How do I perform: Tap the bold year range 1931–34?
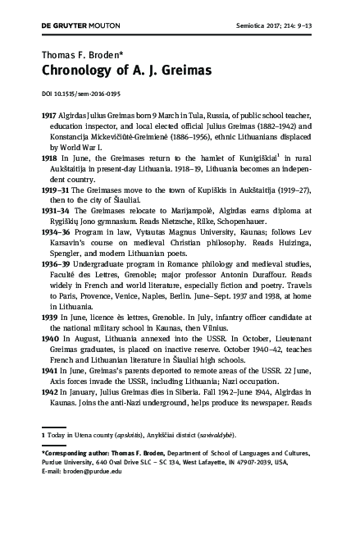(54, 212)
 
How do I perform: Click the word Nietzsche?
(185, 223)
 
